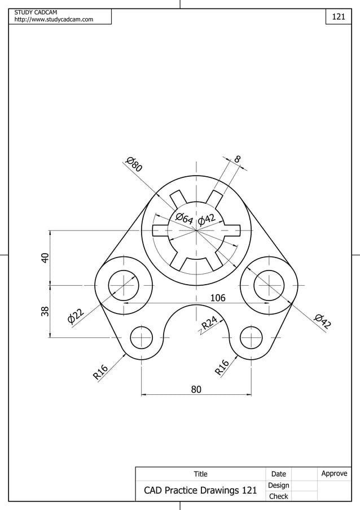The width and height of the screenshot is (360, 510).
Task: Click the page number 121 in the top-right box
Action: click(x=338, y=17)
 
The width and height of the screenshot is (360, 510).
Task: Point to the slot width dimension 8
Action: click(x=238, y=160)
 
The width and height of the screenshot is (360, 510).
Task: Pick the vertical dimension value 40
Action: click(x=45, y=257)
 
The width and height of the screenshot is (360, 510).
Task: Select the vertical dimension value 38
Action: click(x=45, y=311)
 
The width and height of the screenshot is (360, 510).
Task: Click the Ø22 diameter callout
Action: click(x=76, y=317)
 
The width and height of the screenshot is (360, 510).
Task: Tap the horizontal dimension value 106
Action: click(x=218, y=298)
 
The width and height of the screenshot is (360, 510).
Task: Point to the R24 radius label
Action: click(x=210, y=322)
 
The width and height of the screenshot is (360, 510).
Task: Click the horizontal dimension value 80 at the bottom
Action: click(x=196, y=389)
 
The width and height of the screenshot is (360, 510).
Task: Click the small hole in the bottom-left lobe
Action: click(x=141, y=338)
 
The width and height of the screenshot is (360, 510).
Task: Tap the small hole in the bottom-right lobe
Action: click(x=251, y=338)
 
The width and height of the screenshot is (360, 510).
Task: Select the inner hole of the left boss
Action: click(x=123, y=285)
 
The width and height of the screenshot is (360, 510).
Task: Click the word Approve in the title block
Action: click(x=334, y=473)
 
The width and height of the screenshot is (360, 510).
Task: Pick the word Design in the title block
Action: click(x=278, y=485)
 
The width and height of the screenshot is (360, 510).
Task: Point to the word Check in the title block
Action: click(x=278, y=496)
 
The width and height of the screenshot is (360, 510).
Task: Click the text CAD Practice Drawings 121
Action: click(x=200, y=490)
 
